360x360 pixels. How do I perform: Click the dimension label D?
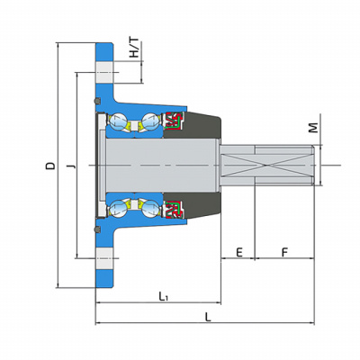tap(50, 166)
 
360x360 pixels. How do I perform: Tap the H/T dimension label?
tap(134, 48)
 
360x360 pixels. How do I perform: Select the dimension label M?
tap(313, 128)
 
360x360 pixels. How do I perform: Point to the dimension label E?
tap(239, 253)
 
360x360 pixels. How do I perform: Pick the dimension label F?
tap(284, 253)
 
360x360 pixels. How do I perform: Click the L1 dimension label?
tap(163, 296)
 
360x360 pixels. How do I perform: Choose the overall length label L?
tap(208, 317)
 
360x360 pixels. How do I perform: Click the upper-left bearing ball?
tap(118, 121)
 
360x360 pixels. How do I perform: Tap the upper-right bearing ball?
tap(149, 121)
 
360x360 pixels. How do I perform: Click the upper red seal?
tap(174, 121)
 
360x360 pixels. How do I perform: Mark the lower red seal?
tap(174, 209)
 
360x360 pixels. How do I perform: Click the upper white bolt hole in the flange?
tap(104, 73)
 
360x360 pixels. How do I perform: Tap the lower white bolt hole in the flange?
tap(104, 258)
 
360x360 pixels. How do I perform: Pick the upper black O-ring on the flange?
tap(97, 101)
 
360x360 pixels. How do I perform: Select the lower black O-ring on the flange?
tap(97, 229)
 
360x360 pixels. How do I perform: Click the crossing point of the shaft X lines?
tap(266, 166)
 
